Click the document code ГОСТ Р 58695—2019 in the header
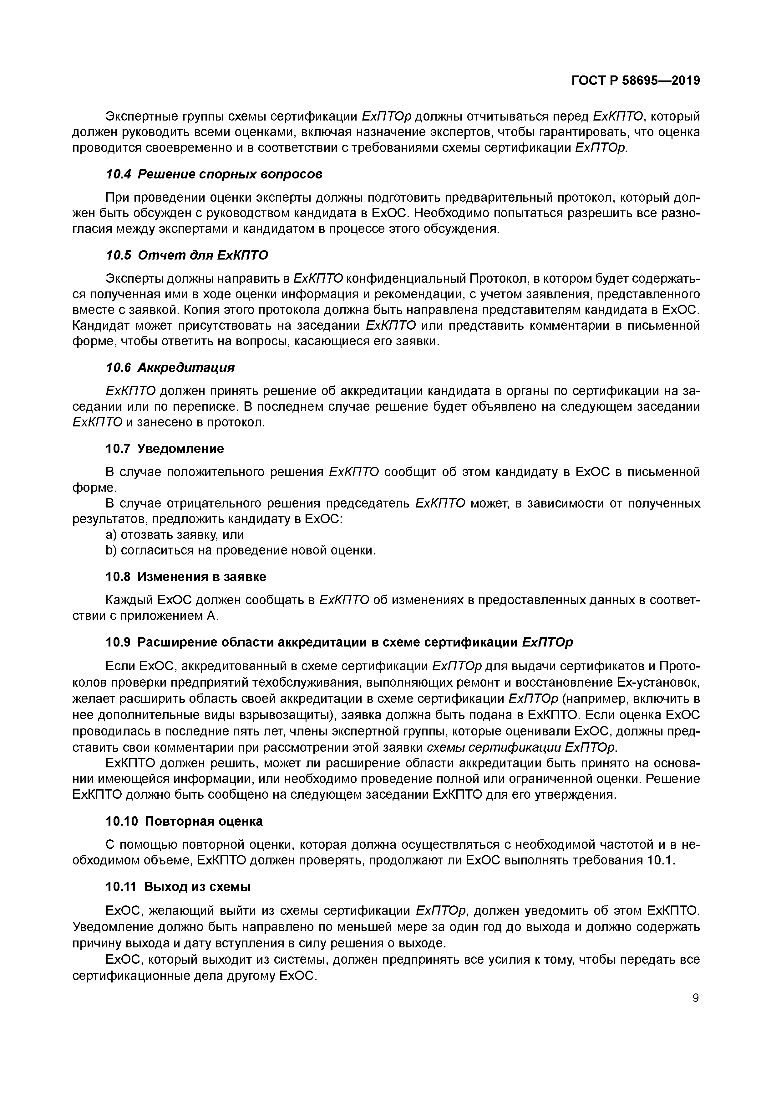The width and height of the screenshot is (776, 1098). coord(636,81)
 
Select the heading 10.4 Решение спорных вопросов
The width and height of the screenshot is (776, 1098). coord(214,174)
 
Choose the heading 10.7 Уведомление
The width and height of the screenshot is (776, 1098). coord(165,449)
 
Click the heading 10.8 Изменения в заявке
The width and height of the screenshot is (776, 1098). coord(185,577)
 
